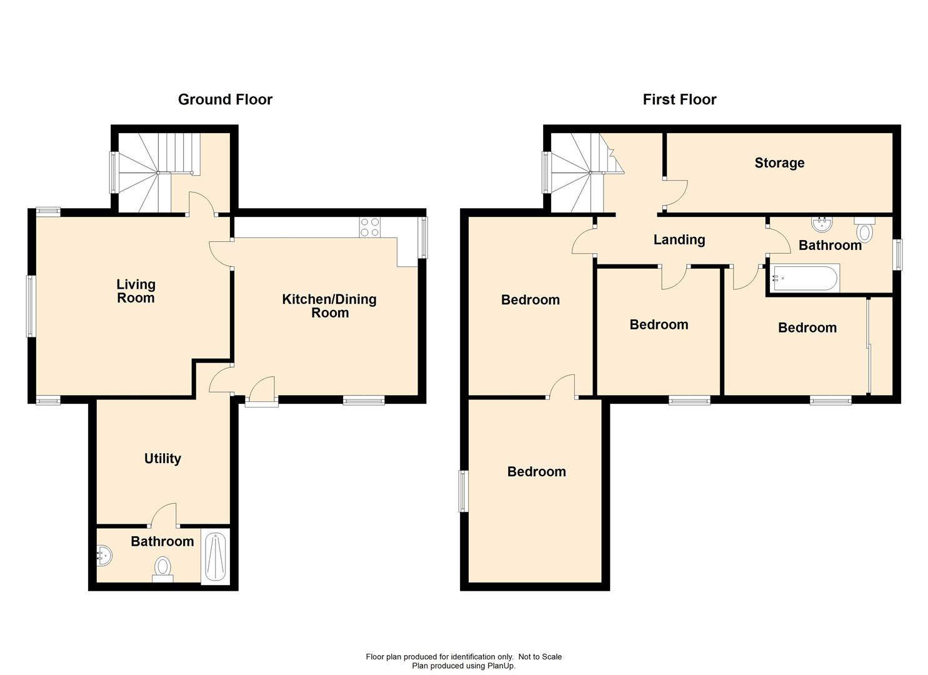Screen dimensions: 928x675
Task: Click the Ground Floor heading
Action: coord(225,99)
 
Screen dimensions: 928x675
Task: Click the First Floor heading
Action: coord(679,99)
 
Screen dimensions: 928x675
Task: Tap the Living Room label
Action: coord(136,291)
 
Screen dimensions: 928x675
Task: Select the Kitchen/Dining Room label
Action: coord(329,306)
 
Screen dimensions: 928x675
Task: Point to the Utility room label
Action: coord(162,458)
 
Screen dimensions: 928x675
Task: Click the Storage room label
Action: coord(779,163)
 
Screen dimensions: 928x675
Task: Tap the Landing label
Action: coord(679,239)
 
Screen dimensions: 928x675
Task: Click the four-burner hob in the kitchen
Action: coord(369,227)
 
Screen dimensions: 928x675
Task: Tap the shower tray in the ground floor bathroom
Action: coord(215,556)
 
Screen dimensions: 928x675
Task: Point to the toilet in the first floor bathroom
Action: coord(864,229)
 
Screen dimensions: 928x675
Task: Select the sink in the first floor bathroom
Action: coord(822,224)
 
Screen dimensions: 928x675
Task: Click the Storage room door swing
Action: coord(676,193)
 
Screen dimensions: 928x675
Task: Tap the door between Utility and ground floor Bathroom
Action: coord(164,515)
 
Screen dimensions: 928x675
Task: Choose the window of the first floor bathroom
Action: coord(897,254)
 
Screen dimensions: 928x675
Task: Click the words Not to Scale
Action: coord(540,656)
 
